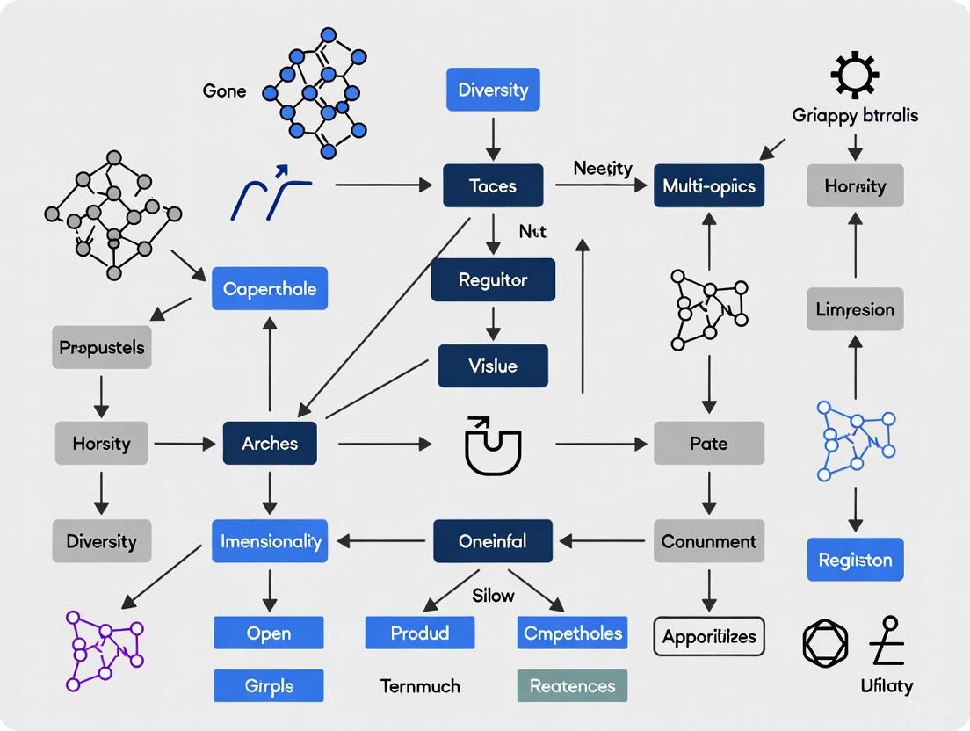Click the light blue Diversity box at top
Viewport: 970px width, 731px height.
[x=493, y=90]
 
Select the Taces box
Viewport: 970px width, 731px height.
[x=493, y=186]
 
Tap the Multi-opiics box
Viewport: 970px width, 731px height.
[x=708, y=186]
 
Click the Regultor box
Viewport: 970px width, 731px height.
[x=493, y=280]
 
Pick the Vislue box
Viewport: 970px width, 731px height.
[x=493, y=365]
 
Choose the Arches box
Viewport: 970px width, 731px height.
[x=270, y=443]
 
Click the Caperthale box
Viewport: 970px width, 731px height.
[x=270, y=289]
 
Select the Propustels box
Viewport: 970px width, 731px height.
[x=102, y=347]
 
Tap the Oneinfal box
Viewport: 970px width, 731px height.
[x=493, y=541]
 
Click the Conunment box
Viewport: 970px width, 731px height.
[x=708, y=541]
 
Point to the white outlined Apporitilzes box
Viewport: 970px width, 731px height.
[x=708, y=636]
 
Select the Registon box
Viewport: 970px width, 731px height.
[x=855, y=560]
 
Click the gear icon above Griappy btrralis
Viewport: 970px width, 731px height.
[x=854, y=76]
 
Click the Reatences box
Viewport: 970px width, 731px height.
[x=572, y=685]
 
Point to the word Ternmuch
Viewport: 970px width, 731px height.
[x=420, y=686]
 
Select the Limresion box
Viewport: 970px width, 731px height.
[x=855, y=309]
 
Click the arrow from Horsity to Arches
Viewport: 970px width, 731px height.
[x=185, y=444]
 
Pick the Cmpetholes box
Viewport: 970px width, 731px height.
[x=572, y=633]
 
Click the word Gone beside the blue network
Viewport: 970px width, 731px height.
[x=224, y=90]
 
